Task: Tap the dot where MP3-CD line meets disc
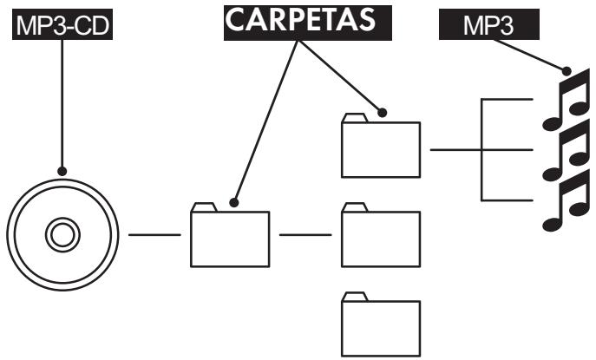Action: coord(62,171)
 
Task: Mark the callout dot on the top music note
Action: coord(567,71)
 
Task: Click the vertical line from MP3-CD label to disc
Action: coord(62,104)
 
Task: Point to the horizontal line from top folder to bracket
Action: coord(455,149)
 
